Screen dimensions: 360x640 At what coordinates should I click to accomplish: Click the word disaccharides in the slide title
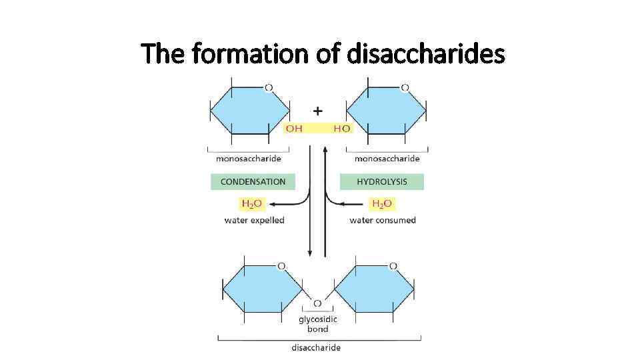426,53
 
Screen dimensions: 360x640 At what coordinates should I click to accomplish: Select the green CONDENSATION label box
253,181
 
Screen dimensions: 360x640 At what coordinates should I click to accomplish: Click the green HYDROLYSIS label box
381,181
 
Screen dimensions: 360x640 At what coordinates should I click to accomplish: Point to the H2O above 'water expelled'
251,203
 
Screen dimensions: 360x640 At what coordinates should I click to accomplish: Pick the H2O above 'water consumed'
382,203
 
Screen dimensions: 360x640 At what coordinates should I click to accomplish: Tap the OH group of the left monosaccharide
294,128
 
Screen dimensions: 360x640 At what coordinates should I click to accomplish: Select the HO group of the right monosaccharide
341,128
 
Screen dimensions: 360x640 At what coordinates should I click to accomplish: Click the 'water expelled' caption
254,220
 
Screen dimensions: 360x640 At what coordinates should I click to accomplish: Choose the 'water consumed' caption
383,220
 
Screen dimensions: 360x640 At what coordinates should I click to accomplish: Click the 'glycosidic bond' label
317,324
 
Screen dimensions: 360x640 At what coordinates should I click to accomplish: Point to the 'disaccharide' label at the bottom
316,347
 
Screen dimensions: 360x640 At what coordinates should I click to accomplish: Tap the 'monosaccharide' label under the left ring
248,159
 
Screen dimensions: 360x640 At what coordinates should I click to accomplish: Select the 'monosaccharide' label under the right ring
387,159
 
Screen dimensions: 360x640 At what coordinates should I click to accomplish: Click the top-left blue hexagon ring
250,111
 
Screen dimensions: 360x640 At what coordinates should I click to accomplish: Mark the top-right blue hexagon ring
387,111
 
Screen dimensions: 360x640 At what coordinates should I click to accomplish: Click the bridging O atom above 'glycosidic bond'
317,303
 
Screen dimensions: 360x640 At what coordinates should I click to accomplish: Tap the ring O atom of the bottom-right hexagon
393,266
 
